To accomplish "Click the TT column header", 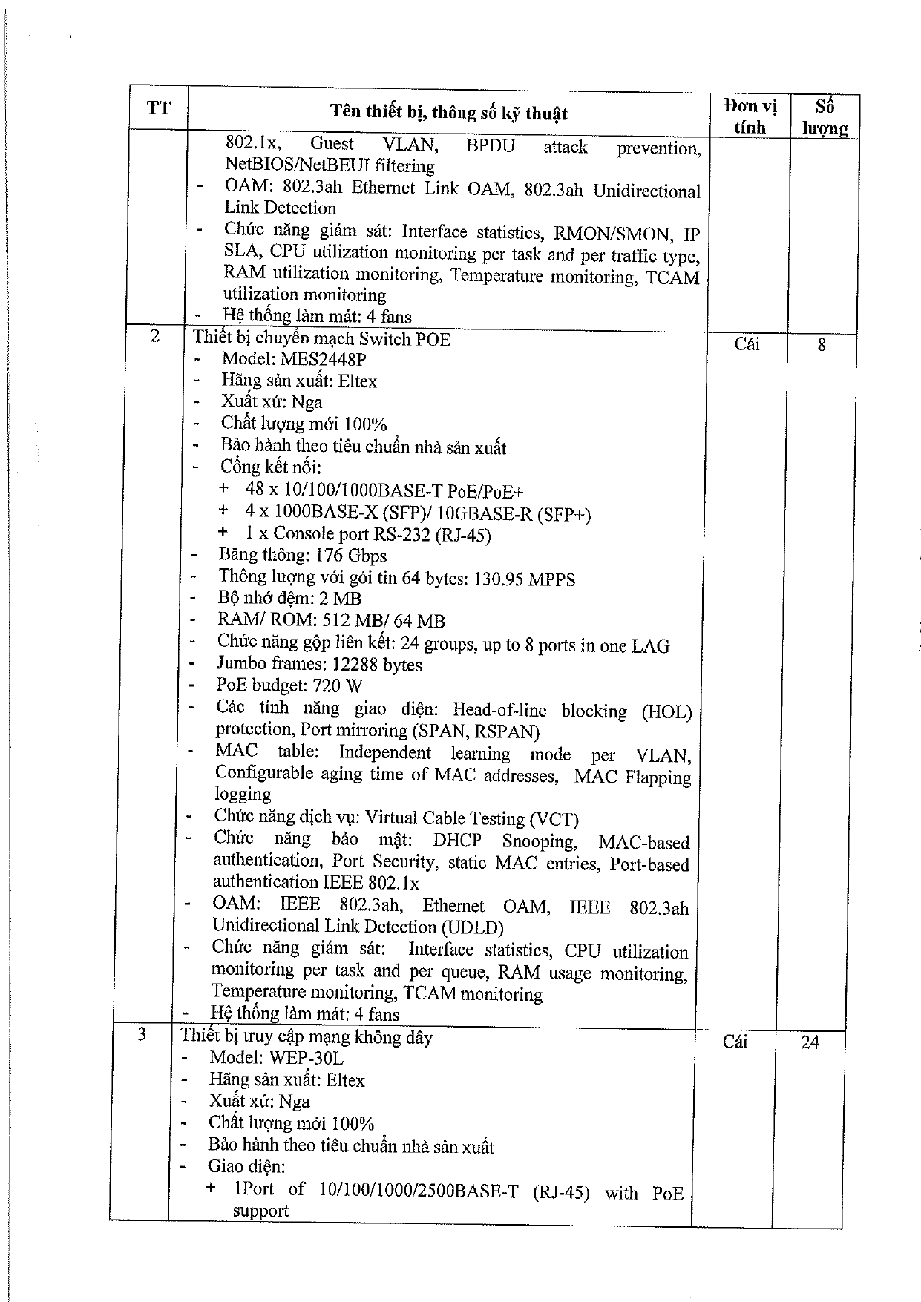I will tap(158, 108).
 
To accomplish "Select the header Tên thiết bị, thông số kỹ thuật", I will tap(448, 113).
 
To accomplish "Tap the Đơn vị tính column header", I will tap(749, 116).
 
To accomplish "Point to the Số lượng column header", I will tap(824, 117).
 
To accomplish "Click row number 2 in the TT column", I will tap(155, 336).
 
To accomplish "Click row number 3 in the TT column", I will tap(142, 1034).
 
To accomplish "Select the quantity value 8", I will tap(821, 345).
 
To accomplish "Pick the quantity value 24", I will tap(810, 1042).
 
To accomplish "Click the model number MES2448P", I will tap(323, 360).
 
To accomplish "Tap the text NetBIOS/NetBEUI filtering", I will tap(330, 165).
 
